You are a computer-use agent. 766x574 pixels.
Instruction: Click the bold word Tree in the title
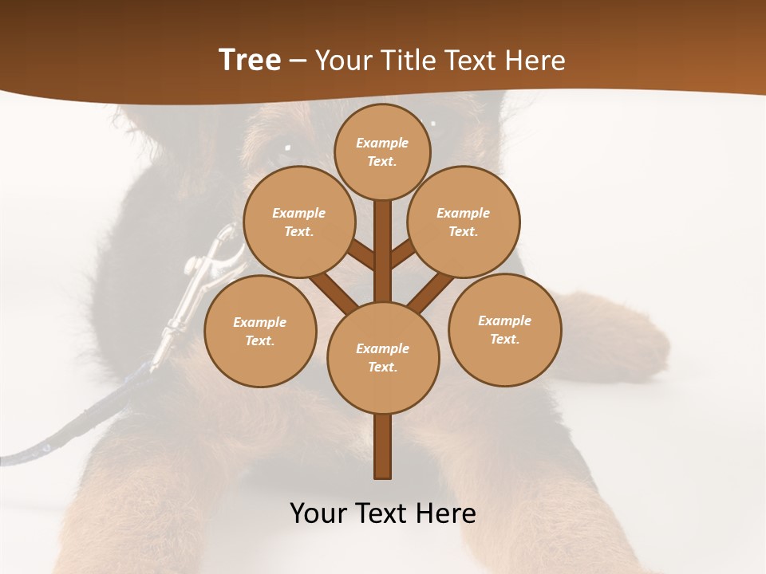point(250,60)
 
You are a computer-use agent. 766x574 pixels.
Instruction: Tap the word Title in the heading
point(409,60)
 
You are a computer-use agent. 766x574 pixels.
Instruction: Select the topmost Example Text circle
point(382,151)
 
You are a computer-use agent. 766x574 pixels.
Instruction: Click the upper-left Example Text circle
point(298,222)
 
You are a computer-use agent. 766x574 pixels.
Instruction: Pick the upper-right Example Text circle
point(463,222)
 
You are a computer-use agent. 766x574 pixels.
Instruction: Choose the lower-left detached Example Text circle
point(260,331)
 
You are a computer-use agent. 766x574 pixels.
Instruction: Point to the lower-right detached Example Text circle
point(504,329)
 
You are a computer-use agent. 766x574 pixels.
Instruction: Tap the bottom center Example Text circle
point(383,357)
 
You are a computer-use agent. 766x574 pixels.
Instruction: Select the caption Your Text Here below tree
point(383,513)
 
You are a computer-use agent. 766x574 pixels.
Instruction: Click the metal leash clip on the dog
point(209,271)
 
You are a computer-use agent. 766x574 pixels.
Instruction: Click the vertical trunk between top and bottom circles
point(383,251)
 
